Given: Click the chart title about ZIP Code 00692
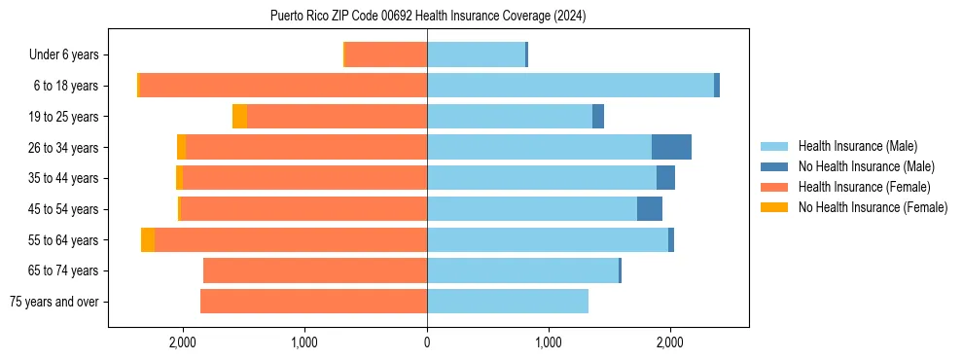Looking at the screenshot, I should [x=428, y=17].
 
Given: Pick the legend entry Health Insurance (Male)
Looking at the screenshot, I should [x=857, y=146].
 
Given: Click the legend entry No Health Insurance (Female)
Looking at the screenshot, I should [x=873, y=207].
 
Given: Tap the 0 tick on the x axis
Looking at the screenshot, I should [x=427, y=342].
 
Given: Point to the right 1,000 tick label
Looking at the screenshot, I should [x=549, y=342].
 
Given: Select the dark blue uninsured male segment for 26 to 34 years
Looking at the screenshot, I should [x=671, y=147].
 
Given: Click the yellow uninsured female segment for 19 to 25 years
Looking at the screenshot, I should [x=239, y=117].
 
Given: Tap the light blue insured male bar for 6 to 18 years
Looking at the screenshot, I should [x=570, y=86].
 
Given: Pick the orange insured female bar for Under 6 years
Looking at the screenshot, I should [x=386, y=55].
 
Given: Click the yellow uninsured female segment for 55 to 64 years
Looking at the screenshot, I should [x=148, y=240].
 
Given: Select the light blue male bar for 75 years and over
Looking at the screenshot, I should [x=508, y=302].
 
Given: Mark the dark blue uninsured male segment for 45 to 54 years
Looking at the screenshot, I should [x=650, y=209].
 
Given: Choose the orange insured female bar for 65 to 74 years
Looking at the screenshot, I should [x=315, y=270].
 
